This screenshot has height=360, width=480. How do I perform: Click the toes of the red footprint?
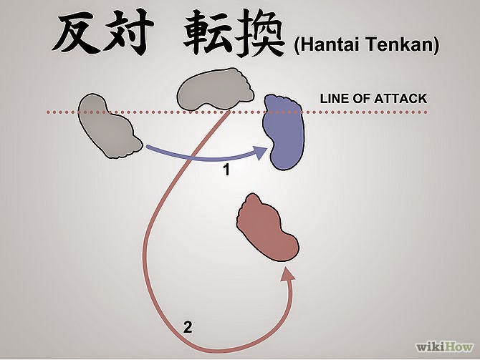(x=252, y=203)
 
